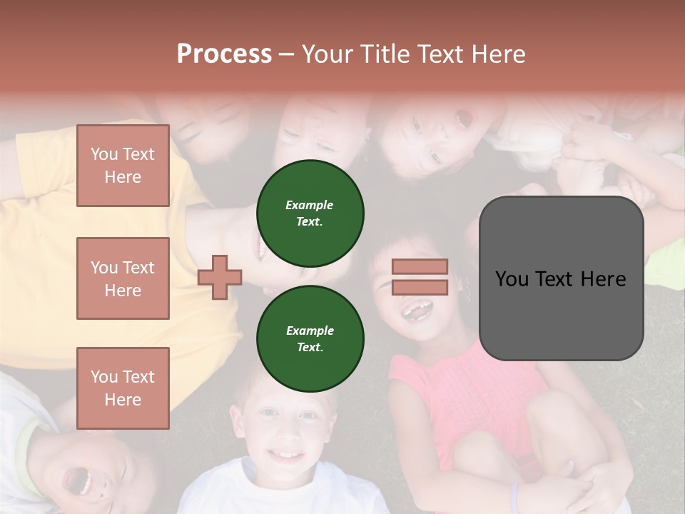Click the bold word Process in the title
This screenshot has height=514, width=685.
point(224,54)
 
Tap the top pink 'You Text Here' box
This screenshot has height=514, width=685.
point(123,166)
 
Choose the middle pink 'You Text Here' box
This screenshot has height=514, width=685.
point(123,278)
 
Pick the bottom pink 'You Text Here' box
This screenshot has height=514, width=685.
point(123,388)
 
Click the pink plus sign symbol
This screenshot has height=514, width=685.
point(220,277)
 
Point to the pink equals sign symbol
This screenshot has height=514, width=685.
point(420,277)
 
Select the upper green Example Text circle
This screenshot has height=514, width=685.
point(310,213)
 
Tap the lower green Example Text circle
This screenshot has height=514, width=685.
point(310,339)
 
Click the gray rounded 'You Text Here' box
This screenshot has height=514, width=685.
point(561,278)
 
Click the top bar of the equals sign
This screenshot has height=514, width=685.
point(420,267)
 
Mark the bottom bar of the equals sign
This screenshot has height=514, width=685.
point(420,287)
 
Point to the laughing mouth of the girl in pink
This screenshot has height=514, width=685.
point(419,311)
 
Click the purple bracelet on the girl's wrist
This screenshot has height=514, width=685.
point(514,493)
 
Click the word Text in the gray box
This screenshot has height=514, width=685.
point(561,278)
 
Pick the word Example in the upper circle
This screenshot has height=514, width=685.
point(310,205)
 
